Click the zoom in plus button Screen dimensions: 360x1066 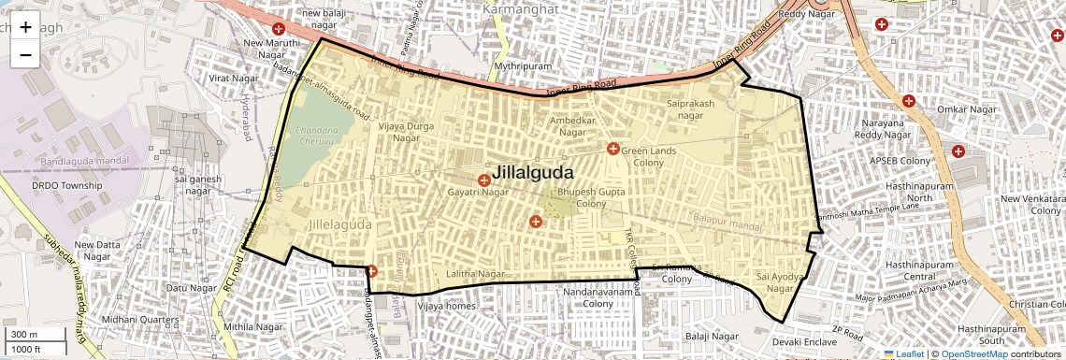coord(25,27)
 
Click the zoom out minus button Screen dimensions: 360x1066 coord(25,55)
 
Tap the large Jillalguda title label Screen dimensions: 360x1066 coord(532,172)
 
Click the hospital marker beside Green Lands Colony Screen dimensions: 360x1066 coord(613,149)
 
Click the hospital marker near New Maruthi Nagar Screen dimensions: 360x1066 coord(279,29)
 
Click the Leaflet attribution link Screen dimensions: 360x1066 coord(903,353)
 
